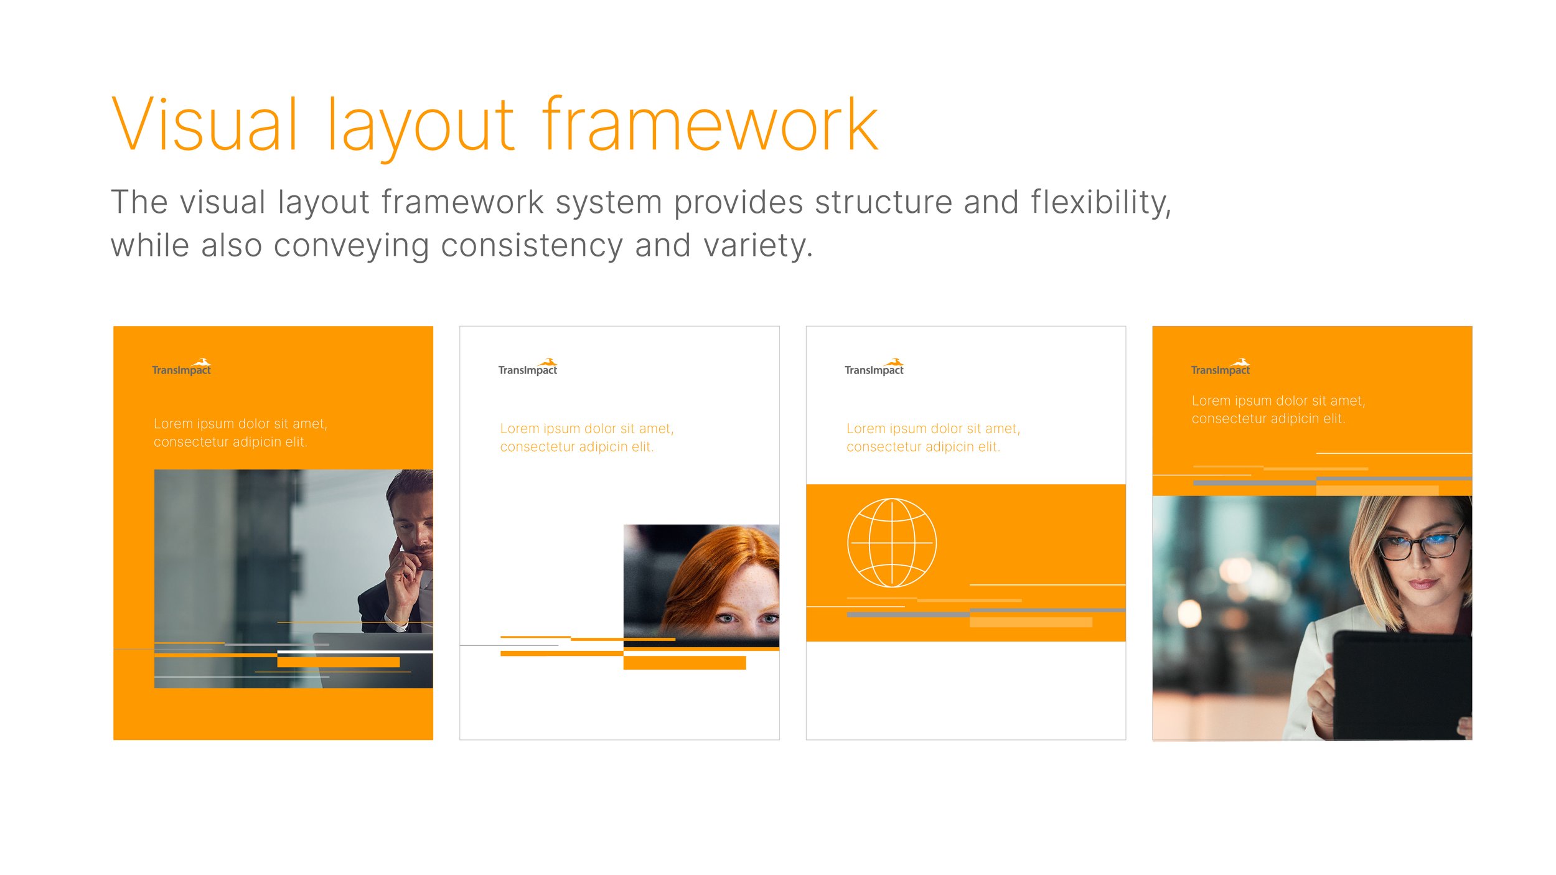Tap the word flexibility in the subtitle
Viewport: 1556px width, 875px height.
[1100, 202]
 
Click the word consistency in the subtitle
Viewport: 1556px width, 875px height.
[532, 245]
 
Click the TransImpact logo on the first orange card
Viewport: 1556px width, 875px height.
[181, 367]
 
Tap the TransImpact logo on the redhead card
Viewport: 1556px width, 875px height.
[528, 367]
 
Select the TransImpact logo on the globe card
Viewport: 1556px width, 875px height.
[874, 367]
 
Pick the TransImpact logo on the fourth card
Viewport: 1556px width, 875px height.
[1221, 367]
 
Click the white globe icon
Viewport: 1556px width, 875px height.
[891, 542]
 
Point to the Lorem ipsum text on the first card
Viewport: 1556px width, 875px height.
[240, 433]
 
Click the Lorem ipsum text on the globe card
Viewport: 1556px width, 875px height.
[933, 437]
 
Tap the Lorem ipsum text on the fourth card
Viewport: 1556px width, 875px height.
[1278, 409]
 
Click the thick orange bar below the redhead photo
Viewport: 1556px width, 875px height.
[684, 663]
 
